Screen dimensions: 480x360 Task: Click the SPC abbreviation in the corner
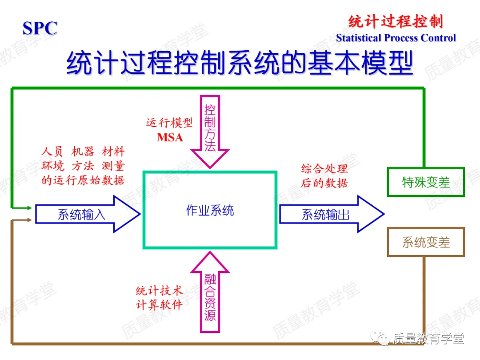click(40, 28)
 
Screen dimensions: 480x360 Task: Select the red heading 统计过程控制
click(396, 21)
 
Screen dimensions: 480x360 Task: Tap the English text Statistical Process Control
click(396, 38)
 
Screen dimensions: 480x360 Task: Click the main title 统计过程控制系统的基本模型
click(240, 64)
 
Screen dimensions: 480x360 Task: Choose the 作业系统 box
click(210, 210)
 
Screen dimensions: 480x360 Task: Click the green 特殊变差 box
click(426, 182)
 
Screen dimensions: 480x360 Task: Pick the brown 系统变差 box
click(426, 242)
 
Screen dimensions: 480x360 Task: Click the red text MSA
click(170, 138)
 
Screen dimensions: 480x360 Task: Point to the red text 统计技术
click(159, 292)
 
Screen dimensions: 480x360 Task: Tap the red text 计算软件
click(159, 305)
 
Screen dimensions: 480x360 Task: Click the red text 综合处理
click(324, 169)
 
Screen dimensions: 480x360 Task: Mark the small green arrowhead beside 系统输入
click(29, 208)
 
